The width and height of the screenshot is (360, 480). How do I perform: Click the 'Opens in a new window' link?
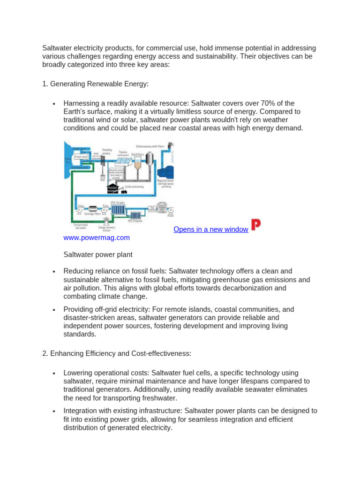(210, 229)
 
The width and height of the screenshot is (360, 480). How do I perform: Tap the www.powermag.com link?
(97, 238)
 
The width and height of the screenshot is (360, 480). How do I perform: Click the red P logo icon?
(256, 225)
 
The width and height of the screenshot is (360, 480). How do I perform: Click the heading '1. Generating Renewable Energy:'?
(95, 84)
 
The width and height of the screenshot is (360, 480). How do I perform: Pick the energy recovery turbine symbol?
(107, 220)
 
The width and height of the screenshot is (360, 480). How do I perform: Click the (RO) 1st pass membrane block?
(118, 208)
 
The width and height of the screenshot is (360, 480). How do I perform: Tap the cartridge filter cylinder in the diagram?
(93, 208)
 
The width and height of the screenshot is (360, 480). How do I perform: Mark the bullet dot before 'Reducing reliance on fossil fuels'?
(55, 271)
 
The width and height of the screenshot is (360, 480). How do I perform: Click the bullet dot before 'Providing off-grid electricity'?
(55, 310)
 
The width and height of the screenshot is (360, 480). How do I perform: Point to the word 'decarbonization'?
(261, 288)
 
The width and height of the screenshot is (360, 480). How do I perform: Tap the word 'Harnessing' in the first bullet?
(82, 103)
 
